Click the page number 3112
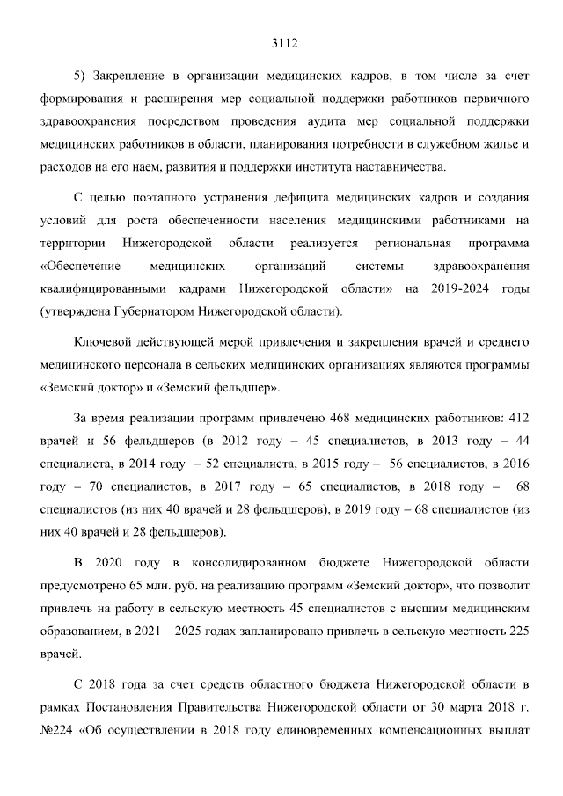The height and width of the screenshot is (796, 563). tap(281, 40)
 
